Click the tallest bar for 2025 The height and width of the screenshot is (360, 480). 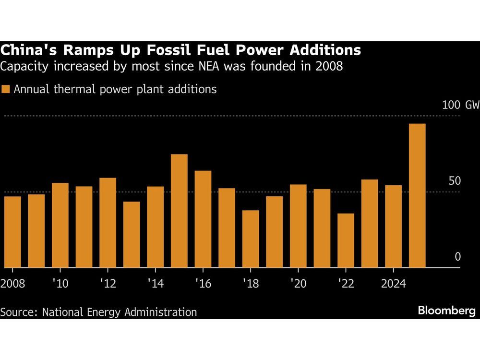(417, 195)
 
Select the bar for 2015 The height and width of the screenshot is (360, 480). (179, 211)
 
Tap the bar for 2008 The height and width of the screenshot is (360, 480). (12, 232)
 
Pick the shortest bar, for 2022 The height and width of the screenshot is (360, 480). (346, 240)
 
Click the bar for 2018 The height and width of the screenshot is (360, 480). (251, 239)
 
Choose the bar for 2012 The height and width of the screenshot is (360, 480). (108, 223)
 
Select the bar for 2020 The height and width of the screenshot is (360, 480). (298, 226)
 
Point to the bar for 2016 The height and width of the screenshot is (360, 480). (203, 219)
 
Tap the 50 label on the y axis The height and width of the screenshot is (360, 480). (454, 181)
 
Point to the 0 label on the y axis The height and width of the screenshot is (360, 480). (457, 257)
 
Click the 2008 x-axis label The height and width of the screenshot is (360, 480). (13, 283)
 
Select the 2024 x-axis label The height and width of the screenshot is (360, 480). (393, 283)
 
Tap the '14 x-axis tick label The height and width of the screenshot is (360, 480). (156, 283)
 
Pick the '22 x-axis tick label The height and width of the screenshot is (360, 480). (346, 283)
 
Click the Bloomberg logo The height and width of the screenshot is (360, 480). (446, 311)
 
